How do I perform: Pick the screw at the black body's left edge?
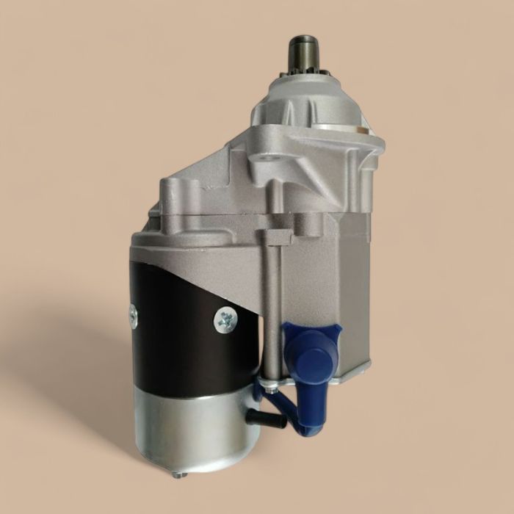(x=133, y=314)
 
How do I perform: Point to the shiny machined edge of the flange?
(x=367, y=132)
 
